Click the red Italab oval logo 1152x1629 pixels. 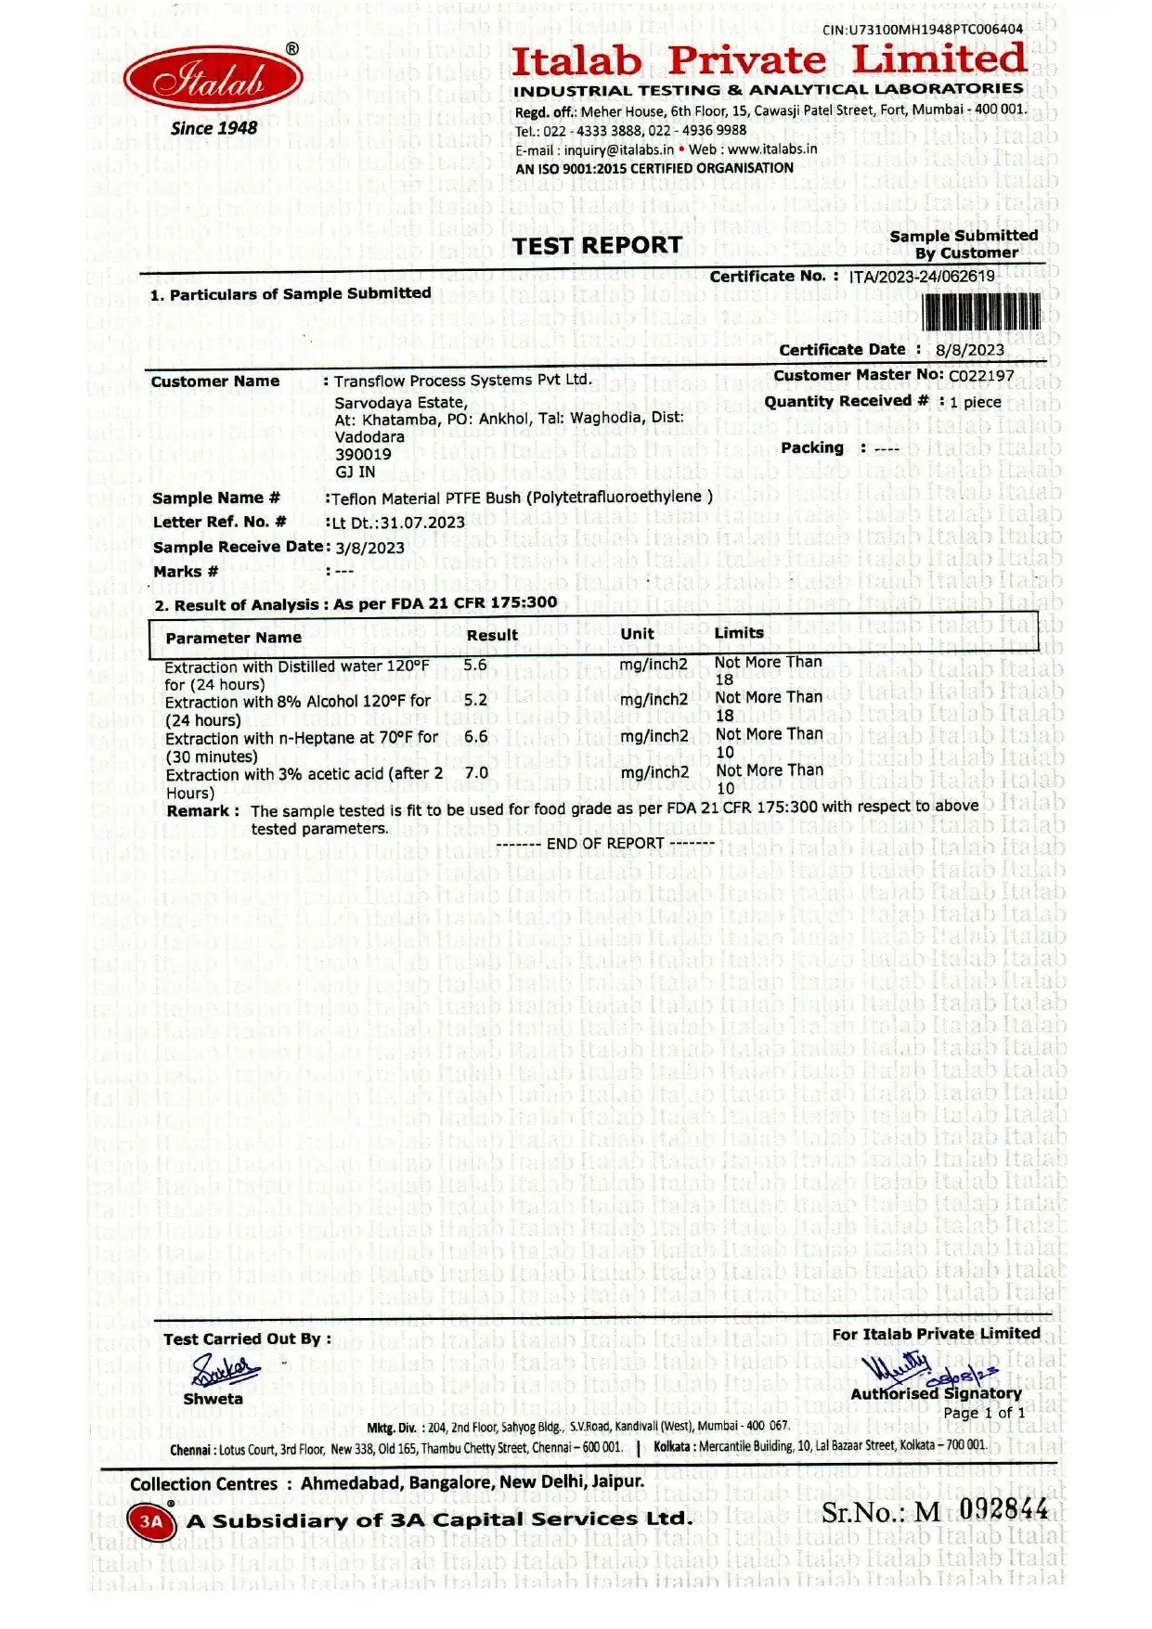pyautogui.click(x=213, y=80)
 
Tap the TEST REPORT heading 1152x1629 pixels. pyautogui.click(x=598, y=246)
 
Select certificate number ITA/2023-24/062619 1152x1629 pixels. pyautogui.click(x=922, y=276)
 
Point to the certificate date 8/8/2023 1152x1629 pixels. pyautogui.click(x=969, y=350)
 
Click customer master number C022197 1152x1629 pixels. pyautogui.click(x=981, y=376)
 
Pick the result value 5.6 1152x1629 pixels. pyautogui.click(x=475, y=666)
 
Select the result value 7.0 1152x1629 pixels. pyautogui.click(x=476, y=773)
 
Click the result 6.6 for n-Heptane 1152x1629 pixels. pyautogui.click(x=476, y=737)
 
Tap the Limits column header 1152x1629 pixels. pyautogui.click(x=739, y=633)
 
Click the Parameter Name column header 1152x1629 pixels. pyautogui.click(x=233, y=638)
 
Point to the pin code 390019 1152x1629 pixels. pyautogui.click(x=363, y=454)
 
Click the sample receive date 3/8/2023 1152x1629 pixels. pyautogui.click(x=369, y=548)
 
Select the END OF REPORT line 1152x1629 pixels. pyautogui.click(x=605, y=844)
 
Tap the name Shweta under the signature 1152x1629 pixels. pyautogui.click(x=213, y=1399)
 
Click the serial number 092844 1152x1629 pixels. pyautogui.click(x=1003, y=1509)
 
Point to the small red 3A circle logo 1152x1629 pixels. pyautogui.click(x=150, y=1521)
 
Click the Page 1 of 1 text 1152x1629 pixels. pyautogui.click(x=984, y=1413)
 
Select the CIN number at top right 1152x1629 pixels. pyautogui.click(x=923, y=30)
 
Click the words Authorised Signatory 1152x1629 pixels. pyautogui.click(x=936, y=1393)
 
